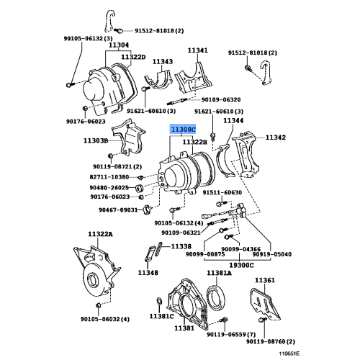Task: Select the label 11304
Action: click(119, 45)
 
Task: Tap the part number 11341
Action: click(198, 50)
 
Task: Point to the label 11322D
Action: click(133, 56)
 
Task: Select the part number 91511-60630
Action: click(222, 192)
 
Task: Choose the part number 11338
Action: click(181, 246)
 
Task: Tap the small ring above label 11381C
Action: click(158, 300)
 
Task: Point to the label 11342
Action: click(277, 137)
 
